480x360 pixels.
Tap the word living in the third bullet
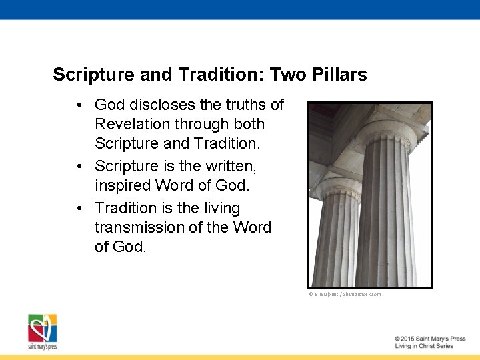pyautogui.click(x=219, y=208)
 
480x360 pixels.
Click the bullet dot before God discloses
pyautogui.click(x=79, y=105)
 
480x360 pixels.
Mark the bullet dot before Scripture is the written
pyautogui.click(x=79, y=165)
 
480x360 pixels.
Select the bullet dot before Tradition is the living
pyautogui.click(x=79, y=209)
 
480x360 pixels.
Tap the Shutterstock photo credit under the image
pyautogui.click(x=345, y=294)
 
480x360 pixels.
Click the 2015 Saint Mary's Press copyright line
pyautogui.click(x=429, y=339)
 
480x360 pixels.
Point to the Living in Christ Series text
pyautogui.click(x=423, y=346)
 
